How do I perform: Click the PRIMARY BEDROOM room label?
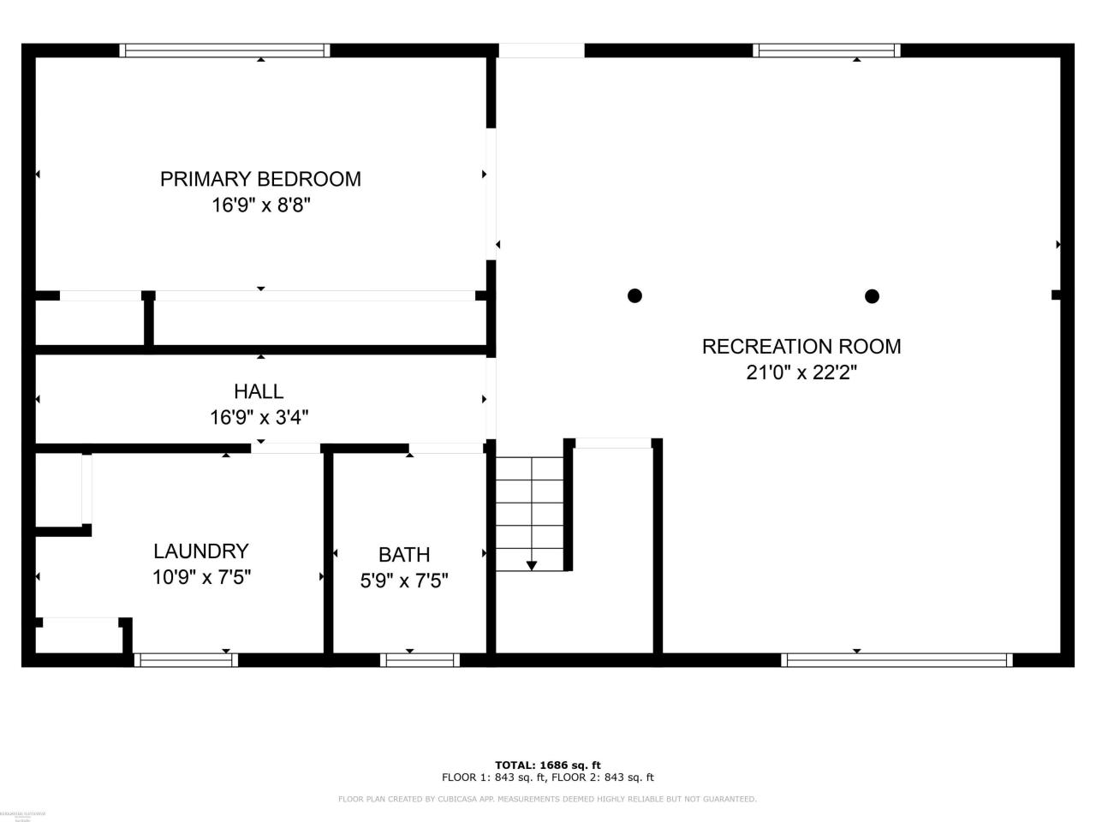pyautogui.click(x=260, y=179)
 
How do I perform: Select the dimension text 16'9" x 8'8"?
pyautogui.click(x=260, y=205)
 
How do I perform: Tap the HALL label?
pyautogui.click(x=259, y=391)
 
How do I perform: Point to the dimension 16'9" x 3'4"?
pyautogui.click(x=259, y=418)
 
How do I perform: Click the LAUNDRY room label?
pyautogui.click(x=201, y=551)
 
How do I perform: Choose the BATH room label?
pyautogui.click(x=404, y=554)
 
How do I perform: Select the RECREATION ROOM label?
pyautogui.click(x=801, y=346)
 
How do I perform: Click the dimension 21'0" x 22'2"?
pyautogui.click(x=801, y=372)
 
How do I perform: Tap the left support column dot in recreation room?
pyautogui.click(x=634, y=295)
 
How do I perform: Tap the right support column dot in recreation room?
pyautogui.click(x=872, y=296)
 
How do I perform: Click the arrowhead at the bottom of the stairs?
pyautogui.click(x=531, y=565)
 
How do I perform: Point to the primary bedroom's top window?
pyautogui.click(x=224, y=51)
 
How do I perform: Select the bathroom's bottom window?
pyautogui.click(x=420, y=660)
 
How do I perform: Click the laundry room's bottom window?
pyautogui.click(x=186, y=660)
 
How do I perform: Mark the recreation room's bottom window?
pyautogui.click(x=896, y=660)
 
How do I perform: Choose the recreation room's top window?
pyautogui.click(x=826, y=51)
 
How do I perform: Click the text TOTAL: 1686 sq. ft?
pyautogui.click(x=548, y=765)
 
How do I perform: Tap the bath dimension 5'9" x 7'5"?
pyautogui.click(x=404, y=581)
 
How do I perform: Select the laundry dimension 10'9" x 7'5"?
pyautogui.click(x=201, y=577)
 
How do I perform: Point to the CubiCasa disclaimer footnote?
pyautogui.click(x=548, y=799)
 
